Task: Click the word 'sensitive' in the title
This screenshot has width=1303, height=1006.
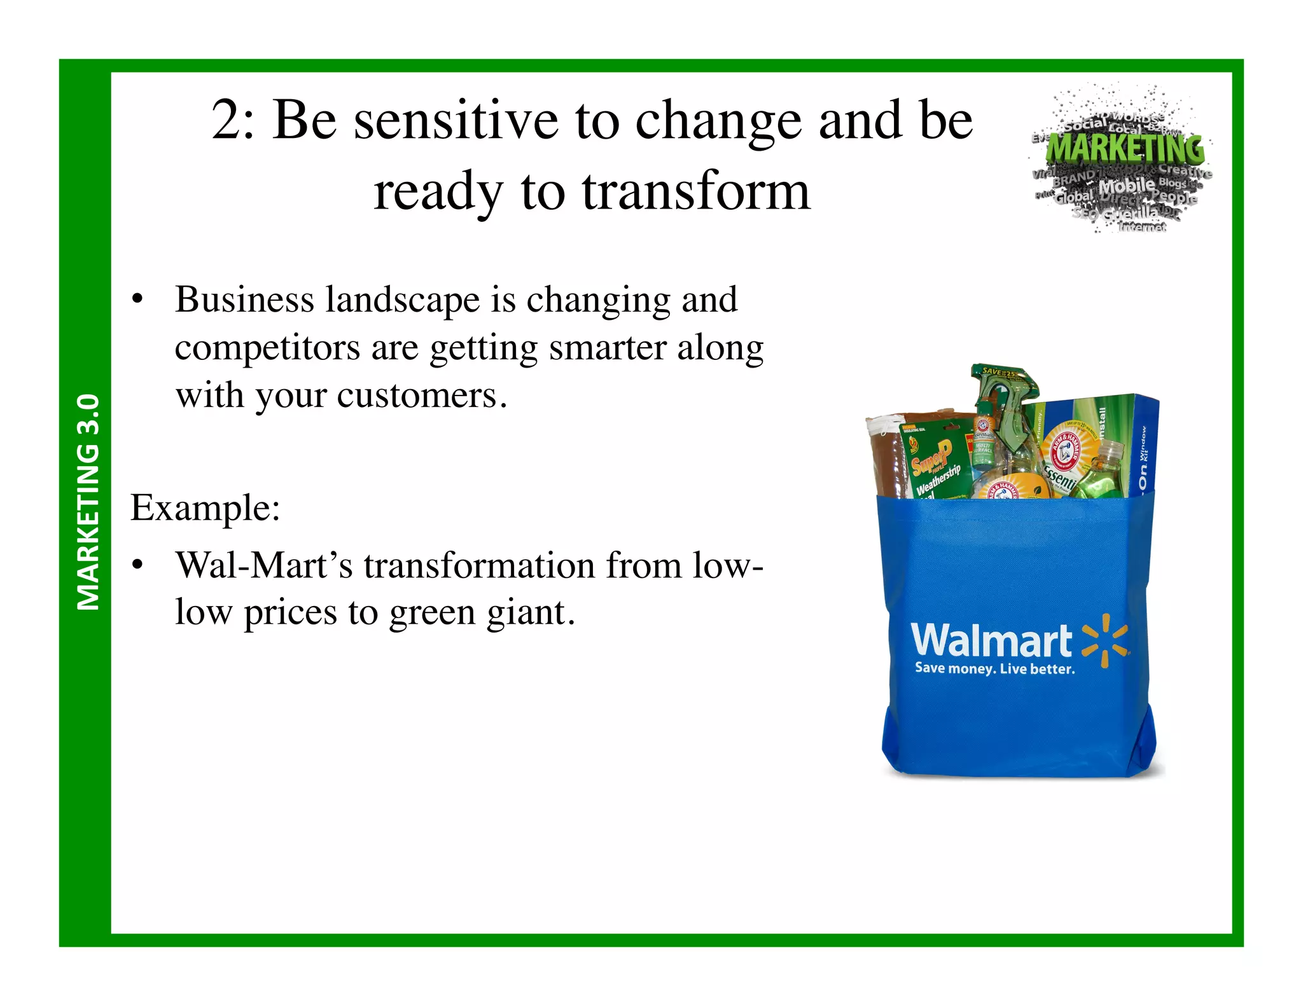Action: click(456, 121)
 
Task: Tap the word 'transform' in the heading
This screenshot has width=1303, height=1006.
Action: click(696, 191)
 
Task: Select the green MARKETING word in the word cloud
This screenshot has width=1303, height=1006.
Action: click(1125, 148)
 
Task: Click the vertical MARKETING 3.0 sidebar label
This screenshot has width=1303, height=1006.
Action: click(88, 502)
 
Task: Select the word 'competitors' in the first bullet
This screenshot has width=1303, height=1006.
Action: click(267, 348)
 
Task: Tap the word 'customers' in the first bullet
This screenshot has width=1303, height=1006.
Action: click(417, 396)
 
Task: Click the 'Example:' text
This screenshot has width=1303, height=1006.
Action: click(206, 507)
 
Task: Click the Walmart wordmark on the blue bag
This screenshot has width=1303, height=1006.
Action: click(991, 640)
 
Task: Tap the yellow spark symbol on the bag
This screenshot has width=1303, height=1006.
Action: click(1105, 640)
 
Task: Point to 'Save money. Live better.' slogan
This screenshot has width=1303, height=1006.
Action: click(994, 668)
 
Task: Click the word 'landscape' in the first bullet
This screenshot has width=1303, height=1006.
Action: click(402, 300)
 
